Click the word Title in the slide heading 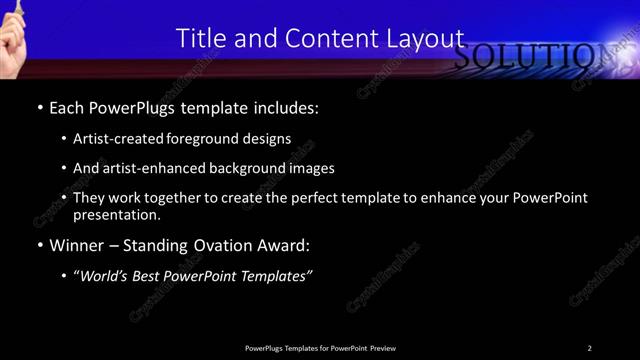[x=199, y=38]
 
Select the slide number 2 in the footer [x=589, y=348]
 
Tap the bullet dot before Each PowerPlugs [x=39, y=106]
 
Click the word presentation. [x=116, y=214]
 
